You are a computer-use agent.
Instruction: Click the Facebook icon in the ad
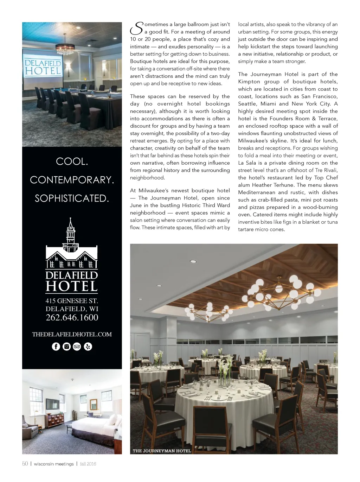click(x=56, y=347)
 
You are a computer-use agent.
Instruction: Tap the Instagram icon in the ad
click(x=66, y=347)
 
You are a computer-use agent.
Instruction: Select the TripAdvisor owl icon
click(x=77, y=347)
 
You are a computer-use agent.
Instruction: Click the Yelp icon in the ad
click(x=88, y=347)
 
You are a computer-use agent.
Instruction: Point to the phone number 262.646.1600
click(x=72, y=318)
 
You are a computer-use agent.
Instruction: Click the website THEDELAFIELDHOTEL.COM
click(x=72, y=334)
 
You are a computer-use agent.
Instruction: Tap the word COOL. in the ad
click(x=72, y=161)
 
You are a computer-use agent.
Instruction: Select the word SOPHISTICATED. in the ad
click(x=72, y=198)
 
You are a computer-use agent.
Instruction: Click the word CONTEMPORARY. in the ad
click(x=72, y=180)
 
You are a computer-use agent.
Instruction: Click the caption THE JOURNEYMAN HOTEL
click(x=162, y=451)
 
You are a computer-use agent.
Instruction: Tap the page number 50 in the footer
click(x=25, y=464)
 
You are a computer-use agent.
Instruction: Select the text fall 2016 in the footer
click(x=88, y=464)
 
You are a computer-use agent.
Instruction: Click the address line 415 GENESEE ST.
click(x=72, y=301)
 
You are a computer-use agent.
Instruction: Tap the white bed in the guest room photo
click(x=95, y=424)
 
